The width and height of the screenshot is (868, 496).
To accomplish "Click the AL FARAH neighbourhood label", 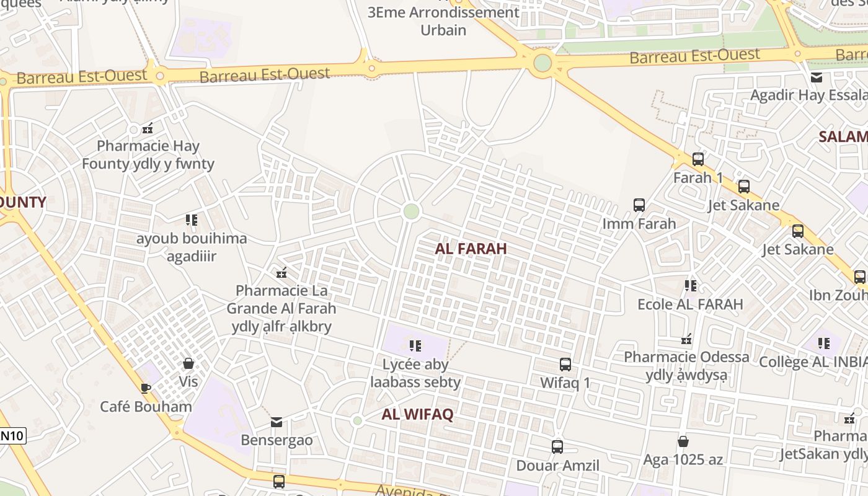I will click(x=471, y=249).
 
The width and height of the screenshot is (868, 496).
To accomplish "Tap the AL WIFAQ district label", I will click(x=417, y=414).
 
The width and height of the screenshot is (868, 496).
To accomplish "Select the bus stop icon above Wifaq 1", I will click(x=565, y=365).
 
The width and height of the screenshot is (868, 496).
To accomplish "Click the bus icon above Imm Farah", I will click(x=639, y=205).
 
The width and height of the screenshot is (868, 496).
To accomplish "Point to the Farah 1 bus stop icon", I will click(x=697, y=159).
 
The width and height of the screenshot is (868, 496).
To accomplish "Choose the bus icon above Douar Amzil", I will click(x=557, y=446).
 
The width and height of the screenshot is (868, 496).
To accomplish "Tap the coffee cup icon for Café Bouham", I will click(x=145, y=389).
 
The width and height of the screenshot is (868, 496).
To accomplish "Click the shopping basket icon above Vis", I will click(x=188, y=363).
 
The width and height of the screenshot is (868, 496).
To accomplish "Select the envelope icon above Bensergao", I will click(x=277, y=422).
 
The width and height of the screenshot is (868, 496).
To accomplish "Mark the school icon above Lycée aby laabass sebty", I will click(x=415, y=345).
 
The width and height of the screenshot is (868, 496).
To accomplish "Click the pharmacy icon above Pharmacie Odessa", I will click(x=686, y=339).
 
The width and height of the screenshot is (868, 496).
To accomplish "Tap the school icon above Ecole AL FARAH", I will click(x=690, y=286).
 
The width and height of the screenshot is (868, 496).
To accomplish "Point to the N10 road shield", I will click(x=12, y=435).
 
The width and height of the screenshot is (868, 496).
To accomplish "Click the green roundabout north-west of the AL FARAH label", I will click(x=411, y=211).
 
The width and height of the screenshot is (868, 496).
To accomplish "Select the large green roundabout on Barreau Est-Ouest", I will click(x=542, y=63).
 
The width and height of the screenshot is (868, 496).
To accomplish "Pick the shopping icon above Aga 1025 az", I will click(x=683, y=441).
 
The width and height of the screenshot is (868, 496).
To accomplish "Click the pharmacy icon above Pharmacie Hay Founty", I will click(x=148, y=128).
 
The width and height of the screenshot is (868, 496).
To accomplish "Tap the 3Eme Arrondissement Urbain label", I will click(x=443, y=20).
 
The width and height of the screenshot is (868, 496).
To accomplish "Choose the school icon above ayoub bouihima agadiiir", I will click(x=192, y=220).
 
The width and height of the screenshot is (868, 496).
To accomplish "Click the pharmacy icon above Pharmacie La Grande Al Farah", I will click(x=281, y=272).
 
